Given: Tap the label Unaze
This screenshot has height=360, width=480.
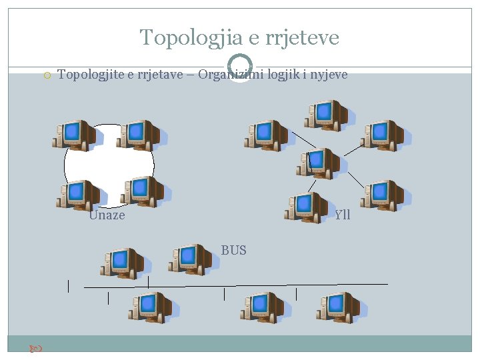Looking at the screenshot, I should pos(107,215).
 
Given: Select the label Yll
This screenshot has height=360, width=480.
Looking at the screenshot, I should pos(343,215).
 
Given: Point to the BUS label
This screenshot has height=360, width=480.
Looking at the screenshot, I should pos(234,250).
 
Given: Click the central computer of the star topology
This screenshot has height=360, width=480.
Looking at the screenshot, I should pos(318,163).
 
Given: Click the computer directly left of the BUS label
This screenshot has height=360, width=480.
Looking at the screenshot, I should pos(189,259).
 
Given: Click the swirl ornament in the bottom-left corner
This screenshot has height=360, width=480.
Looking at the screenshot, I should pos(37,348).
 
